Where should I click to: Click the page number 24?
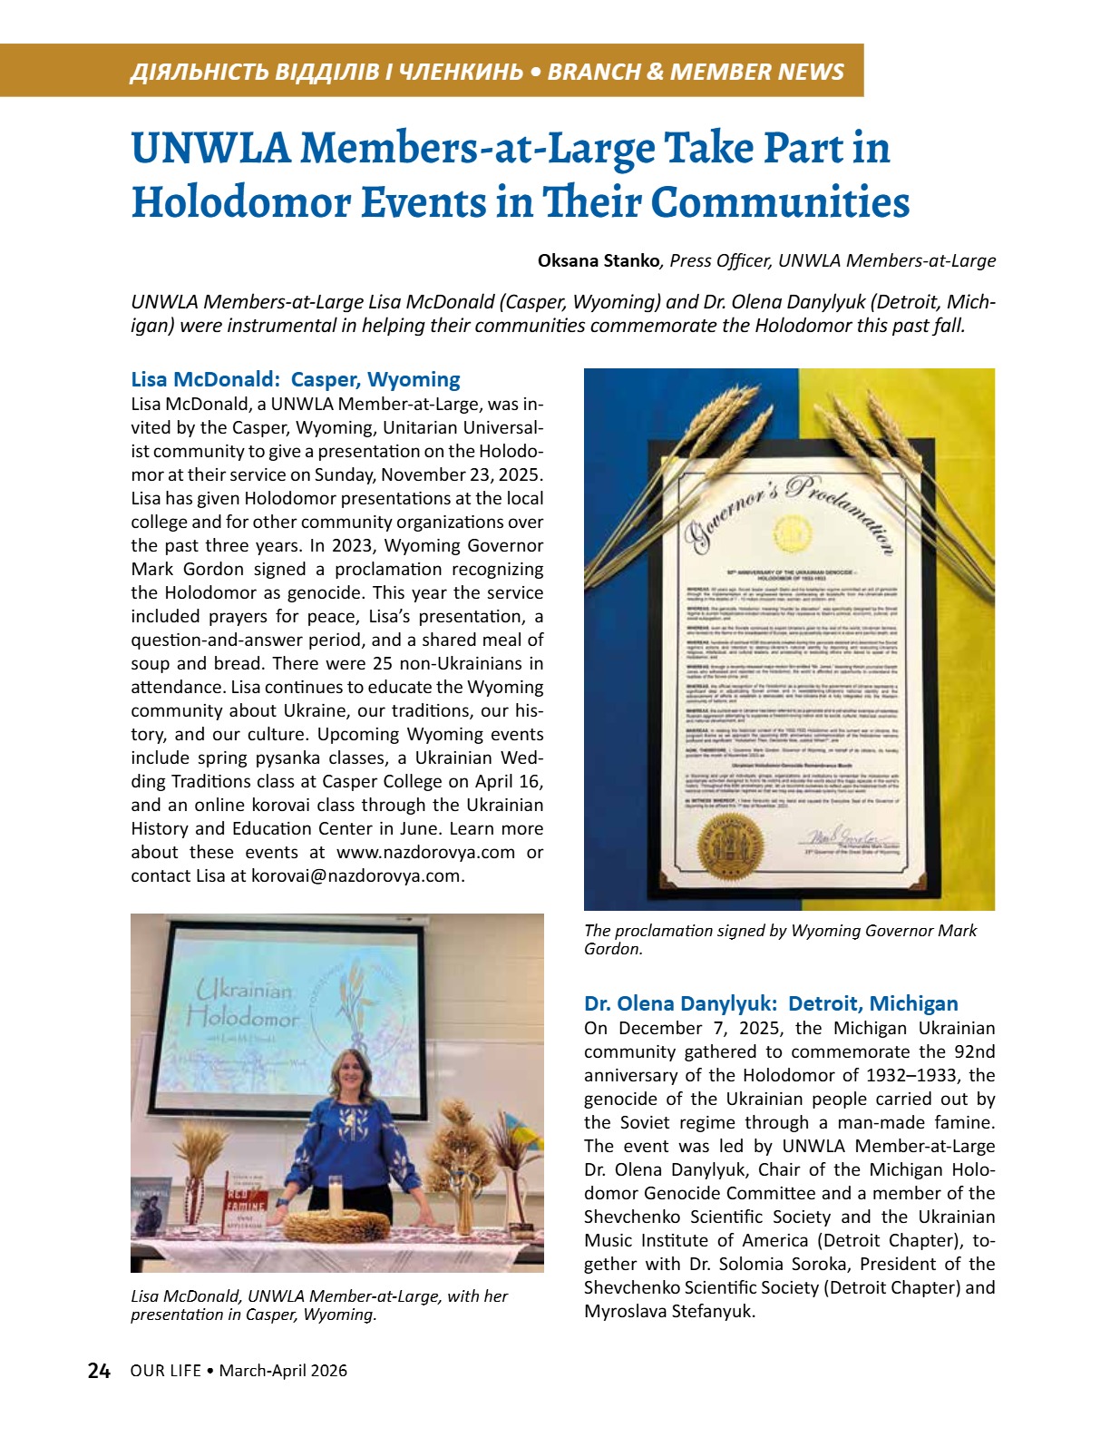pyautogui.click(x=99, y=1371)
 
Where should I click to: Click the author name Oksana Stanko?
pyautogui.click(x=599, y=261)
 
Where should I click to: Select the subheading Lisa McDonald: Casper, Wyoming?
pyautogui.click(x=296, y=379)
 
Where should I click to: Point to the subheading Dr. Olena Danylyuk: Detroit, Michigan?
pyautogui.click(x=771, y=1003)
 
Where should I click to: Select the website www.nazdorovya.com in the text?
pyautogui.click(x=425, y=853)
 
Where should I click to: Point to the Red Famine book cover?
pyautogui.click(x=245, y=1203)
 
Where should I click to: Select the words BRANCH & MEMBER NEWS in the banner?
pyautogui.click(x=696, y=72)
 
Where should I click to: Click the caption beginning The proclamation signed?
pyautogui.click(x=780, y=939)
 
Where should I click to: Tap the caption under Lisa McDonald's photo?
pyautogui.click(x=319, y=1305)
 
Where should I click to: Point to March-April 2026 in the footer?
pyautogui.click(x=283, y=1371)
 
